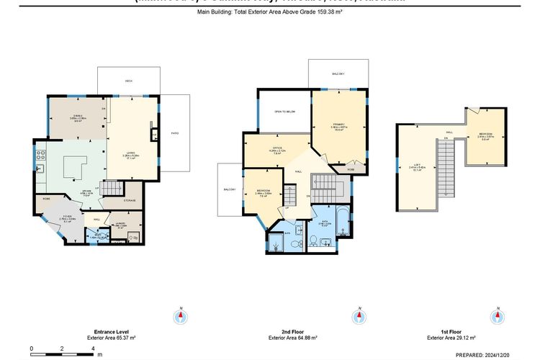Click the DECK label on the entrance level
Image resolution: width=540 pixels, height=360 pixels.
(128, 81)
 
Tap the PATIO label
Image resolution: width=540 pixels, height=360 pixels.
(174, 133)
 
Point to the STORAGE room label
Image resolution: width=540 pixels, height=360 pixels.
(130, 200)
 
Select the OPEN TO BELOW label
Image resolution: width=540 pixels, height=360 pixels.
(284, 112)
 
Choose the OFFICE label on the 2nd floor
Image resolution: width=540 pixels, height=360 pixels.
(276, 149)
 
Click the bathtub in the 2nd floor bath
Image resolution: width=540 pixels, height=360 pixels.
(344, 222)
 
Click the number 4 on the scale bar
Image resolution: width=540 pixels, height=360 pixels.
(93, 348)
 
